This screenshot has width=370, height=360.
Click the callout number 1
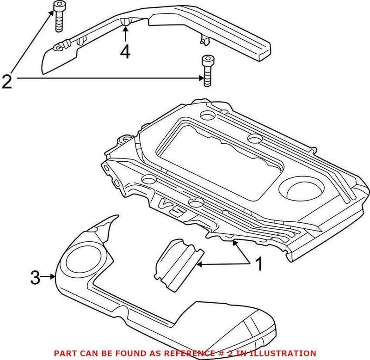259,265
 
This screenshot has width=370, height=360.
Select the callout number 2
7,82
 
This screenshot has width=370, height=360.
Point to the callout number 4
125,52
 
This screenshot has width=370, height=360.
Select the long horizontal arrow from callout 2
106,79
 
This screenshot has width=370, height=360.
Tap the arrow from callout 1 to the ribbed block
222,264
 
